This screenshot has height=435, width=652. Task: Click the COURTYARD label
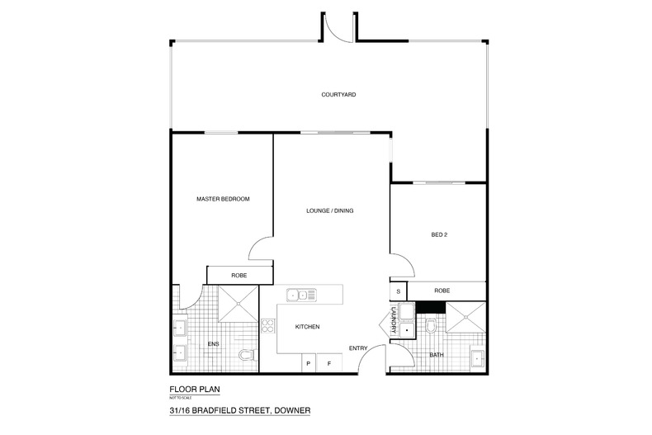point(338,96)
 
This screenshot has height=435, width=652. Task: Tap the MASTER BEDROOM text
point(223,199)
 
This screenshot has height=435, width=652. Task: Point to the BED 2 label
point(439,234)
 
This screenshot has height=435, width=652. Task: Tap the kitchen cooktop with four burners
point(267,325)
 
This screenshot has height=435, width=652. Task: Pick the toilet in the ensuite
point(244,357)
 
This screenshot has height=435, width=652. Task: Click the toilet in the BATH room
point(429,328)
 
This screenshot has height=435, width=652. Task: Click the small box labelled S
point(399,291)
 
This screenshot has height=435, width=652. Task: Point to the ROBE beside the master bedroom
point(239,275)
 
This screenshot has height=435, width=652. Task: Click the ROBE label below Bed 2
point(442,291)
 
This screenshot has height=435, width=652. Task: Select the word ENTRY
point(357,348)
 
